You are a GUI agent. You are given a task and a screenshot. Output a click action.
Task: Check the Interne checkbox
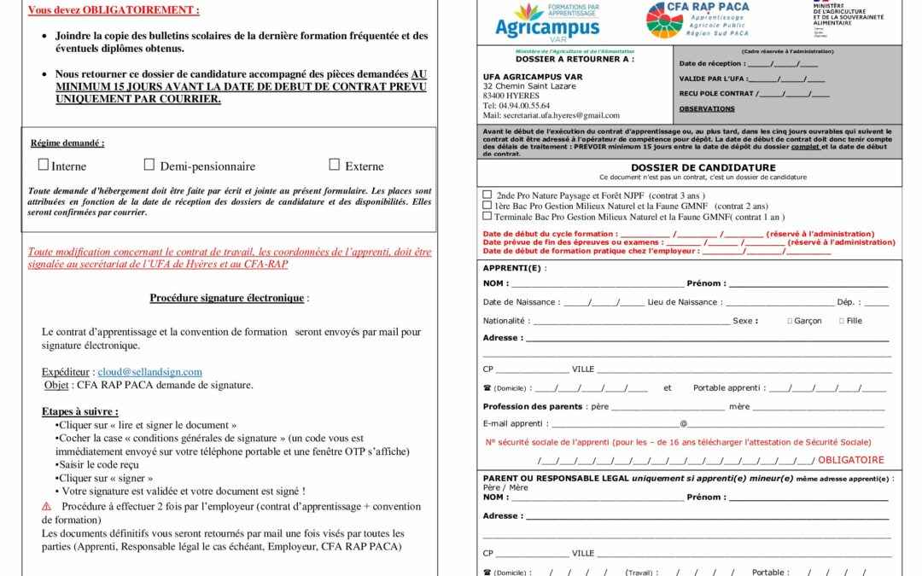[44, 165]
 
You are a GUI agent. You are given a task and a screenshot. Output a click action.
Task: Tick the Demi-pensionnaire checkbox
[149, 165]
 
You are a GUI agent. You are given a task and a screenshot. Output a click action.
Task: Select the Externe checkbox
[334, 165]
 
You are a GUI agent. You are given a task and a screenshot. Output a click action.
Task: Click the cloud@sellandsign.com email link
[149, 372]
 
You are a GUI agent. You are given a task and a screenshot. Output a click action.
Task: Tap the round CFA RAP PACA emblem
[665, 20]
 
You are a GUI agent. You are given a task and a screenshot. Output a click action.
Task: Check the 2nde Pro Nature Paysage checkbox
[487, 195]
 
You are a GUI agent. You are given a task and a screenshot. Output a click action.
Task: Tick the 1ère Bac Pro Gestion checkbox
[487, 206]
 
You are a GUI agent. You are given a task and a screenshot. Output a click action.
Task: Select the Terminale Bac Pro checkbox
[487, 216]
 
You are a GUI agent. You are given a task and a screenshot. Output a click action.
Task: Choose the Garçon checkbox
[790, 321]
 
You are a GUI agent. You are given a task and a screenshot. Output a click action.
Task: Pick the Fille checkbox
[842, 321]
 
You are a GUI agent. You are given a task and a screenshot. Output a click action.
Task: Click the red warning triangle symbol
[47, 507]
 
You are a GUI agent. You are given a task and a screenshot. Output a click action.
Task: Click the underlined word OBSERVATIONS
[706, 109]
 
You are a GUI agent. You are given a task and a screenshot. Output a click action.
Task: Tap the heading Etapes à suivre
[80, 411]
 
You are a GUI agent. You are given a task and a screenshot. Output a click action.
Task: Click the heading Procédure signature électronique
[226, 298]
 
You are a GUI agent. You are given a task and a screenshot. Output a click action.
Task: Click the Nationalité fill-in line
[632, 322]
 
